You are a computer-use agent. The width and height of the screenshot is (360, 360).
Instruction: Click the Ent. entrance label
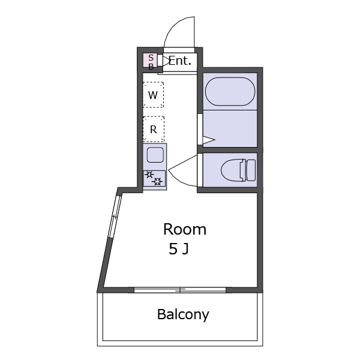click(180, 61)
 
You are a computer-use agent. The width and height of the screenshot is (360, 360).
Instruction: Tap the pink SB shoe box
click(151, 61)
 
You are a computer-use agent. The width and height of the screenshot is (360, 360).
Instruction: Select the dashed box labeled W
click(153, 95)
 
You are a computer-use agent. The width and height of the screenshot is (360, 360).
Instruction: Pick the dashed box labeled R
click(154, 129)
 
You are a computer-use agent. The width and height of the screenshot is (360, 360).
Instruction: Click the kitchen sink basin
click(155, 155)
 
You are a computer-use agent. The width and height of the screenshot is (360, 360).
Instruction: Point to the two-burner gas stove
click(154, 178)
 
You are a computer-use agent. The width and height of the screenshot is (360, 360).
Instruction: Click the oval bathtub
click(230, 92)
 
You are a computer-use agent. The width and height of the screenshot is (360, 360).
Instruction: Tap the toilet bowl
click(231, 170)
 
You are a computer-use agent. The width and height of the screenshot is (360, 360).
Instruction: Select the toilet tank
click(250, 170)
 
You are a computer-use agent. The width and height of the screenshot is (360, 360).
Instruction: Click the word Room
click(185, 229)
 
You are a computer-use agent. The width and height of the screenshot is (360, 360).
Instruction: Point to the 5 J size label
click(179, 249)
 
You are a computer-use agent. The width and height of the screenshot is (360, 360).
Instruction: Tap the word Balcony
click(183, 314)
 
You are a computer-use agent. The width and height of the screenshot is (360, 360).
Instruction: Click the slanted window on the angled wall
click(115, 217)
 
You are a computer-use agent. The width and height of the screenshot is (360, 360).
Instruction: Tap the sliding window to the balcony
click(180, 290)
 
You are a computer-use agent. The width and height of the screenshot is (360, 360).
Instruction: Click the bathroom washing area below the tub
click(230, 128)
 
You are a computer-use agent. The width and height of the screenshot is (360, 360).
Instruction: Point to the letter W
click(153, 95)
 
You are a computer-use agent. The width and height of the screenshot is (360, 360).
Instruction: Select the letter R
click(154, 130)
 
